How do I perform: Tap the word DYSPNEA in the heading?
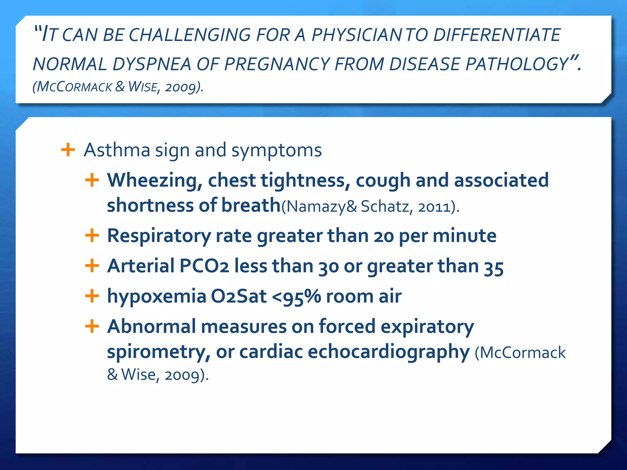[x=152, y=65]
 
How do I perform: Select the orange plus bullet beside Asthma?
[x=68, y=150]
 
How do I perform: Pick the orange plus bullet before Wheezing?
[x=92, y=180]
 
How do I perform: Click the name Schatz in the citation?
[x=385, y=206]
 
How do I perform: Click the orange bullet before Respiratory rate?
[x=92, y=236]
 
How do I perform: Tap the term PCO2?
[x=204, y=266]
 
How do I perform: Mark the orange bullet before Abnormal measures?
[x=92, y=326]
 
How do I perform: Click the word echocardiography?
[x=389, y=352]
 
